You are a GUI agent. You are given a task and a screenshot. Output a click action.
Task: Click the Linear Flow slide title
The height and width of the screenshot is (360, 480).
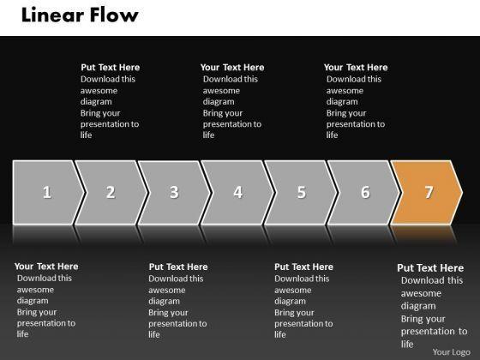point(80,15)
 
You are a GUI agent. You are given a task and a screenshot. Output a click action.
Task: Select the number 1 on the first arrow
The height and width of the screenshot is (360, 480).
point(47,192)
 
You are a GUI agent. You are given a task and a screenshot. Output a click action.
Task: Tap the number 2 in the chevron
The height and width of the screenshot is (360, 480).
point(111,192)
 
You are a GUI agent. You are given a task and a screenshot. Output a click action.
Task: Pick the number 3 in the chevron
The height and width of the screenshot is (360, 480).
point(174,192)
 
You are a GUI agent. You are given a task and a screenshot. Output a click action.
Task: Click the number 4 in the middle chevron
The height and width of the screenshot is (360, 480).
point(238,192)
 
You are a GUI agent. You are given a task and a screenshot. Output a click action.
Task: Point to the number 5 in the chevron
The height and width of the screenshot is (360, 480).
point(302,192)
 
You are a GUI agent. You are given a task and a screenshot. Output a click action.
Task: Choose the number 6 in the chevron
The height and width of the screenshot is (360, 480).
point(365,192)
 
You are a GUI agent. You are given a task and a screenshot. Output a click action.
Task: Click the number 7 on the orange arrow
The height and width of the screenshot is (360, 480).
point(429,192)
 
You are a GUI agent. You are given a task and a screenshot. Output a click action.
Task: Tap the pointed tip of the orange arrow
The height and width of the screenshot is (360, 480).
point(462,193)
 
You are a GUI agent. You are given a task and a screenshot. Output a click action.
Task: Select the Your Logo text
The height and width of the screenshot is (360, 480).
point(451,352)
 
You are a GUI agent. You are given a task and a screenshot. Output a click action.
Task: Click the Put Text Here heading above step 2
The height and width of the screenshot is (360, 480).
point(111,68)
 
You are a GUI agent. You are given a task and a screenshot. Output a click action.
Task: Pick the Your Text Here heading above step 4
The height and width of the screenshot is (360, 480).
point(232,68)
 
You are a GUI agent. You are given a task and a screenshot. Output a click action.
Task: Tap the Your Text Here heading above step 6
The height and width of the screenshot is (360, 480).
point(356,68)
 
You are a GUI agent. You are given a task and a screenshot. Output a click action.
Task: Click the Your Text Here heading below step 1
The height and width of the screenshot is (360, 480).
point(46,267)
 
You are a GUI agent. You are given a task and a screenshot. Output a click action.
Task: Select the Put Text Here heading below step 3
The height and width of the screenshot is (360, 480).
point(178,267)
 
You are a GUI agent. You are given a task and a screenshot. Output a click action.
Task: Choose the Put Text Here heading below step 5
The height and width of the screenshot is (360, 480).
point(303,267)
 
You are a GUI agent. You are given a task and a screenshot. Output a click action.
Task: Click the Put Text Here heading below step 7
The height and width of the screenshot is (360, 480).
point(430,267)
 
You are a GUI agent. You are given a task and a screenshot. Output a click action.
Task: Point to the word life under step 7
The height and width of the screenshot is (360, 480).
point(407,344)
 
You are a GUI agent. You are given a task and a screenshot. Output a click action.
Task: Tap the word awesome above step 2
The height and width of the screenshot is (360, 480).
point(99,91)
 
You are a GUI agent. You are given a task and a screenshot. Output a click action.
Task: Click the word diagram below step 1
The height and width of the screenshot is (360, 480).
point(33,301)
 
